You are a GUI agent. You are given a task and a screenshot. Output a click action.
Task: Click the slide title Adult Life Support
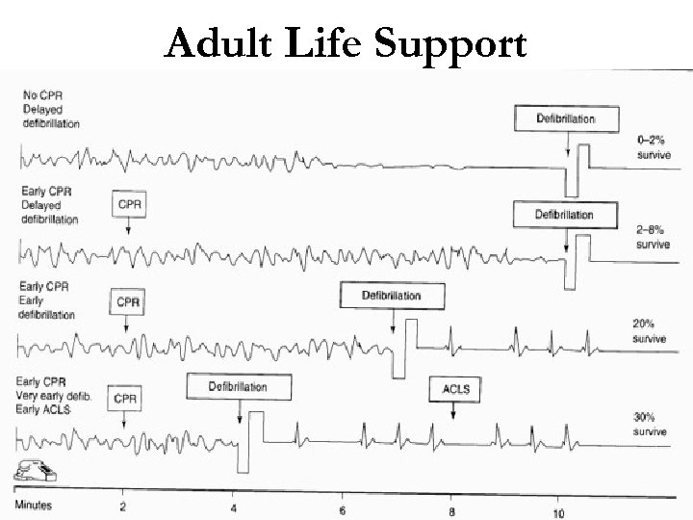346,43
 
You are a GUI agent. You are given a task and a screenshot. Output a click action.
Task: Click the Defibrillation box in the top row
566,118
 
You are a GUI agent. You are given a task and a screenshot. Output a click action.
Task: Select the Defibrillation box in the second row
564,214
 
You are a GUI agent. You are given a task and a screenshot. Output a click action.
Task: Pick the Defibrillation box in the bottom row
238,387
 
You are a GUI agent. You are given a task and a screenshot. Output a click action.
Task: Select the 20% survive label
647,333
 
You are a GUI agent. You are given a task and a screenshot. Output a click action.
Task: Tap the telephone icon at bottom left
32,471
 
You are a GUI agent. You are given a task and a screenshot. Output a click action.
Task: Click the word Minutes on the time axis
33,505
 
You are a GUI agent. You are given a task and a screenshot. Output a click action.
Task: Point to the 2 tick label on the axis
122,506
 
